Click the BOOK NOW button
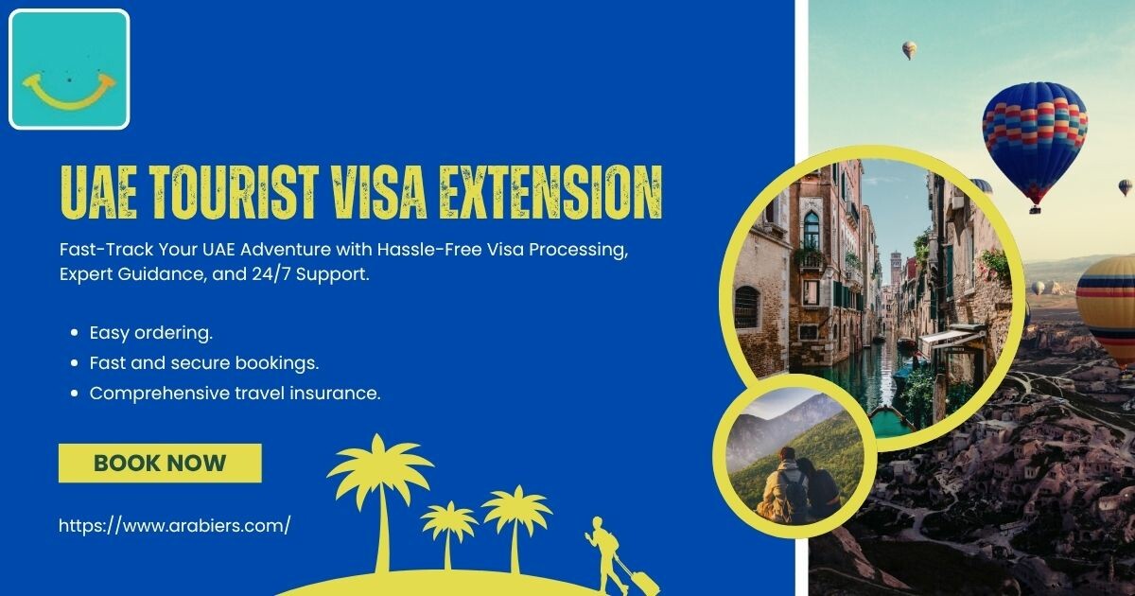(x=160, y=464)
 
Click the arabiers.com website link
(x=175, y=526)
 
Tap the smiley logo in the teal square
(x=69, y=91)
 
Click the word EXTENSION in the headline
(x=550, y=192)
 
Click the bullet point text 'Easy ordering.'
(x=151, y=333)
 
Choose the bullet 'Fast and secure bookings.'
(x=204, y=363)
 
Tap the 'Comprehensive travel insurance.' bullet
(x=236, y=394)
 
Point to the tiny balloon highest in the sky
(x=910, y=50)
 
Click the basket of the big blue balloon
(x=1035, y=208)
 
